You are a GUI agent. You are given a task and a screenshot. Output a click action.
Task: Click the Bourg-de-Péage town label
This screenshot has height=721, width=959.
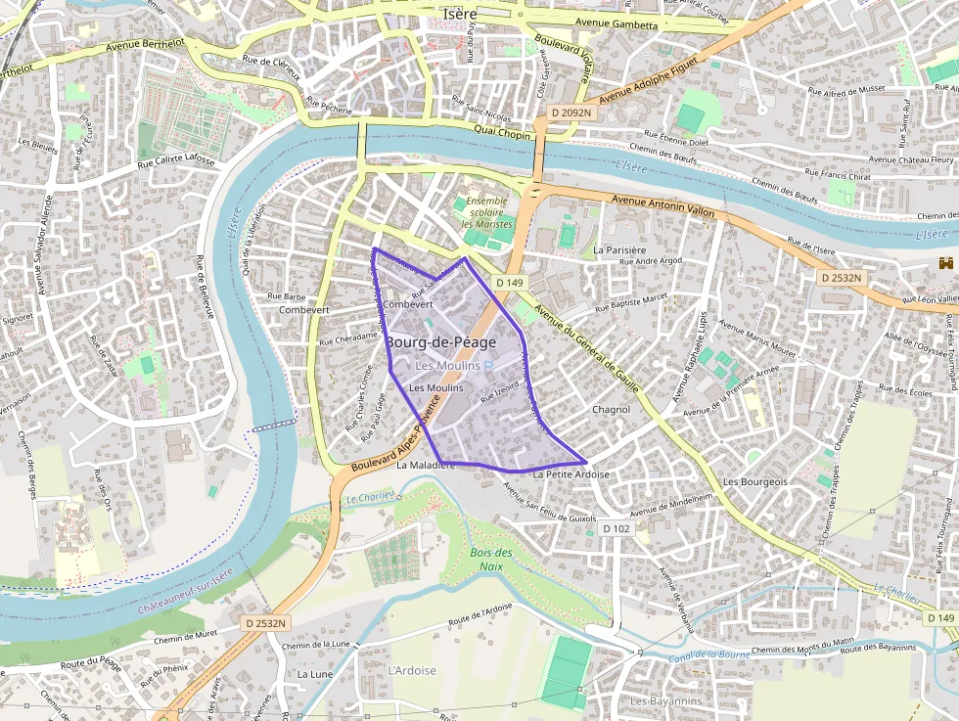(440, 342)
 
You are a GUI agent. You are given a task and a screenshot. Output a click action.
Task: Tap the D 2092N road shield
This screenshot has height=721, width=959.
(571, 113)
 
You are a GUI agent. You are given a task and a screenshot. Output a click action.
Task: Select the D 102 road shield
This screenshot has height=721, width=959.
(616, 528)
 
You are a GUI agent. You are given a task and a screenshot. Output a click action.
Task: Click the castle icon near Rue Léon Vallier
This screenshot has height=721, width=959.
(945, 263)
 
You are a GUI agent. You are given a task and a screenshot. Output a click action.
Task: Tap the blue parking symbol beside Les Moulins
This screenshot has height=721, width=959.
(489, 365)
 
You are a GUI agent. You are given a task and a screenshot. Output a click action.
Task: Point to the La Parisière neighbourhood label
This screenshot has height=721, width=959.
(619, 250)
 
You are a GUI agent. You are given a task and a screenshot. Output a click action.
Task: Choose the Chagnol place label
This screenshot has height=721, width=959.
(611, 410)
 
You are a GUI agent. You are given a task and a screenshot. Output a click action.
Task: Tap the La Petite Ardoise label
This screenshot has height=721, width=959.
(571, 474)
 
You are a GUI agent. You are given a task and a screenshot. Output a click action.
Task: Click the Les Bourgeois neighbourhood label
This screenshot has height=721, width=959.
(754, 482)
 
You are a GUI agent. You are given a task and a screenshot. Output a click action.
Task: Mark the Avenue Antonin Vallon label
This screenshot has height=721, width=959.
(662, 205)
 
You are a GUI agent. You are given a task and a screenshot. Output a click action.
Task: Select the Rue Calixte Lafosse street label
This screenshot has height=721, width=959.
(176, 161)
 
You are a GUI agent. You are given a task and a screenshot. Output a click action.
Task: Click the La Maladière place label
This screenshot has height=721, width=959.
(426, 466)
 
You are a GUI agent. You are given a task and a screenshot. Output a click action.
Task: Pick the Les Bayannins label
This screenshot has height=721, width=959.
(665, 701)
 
